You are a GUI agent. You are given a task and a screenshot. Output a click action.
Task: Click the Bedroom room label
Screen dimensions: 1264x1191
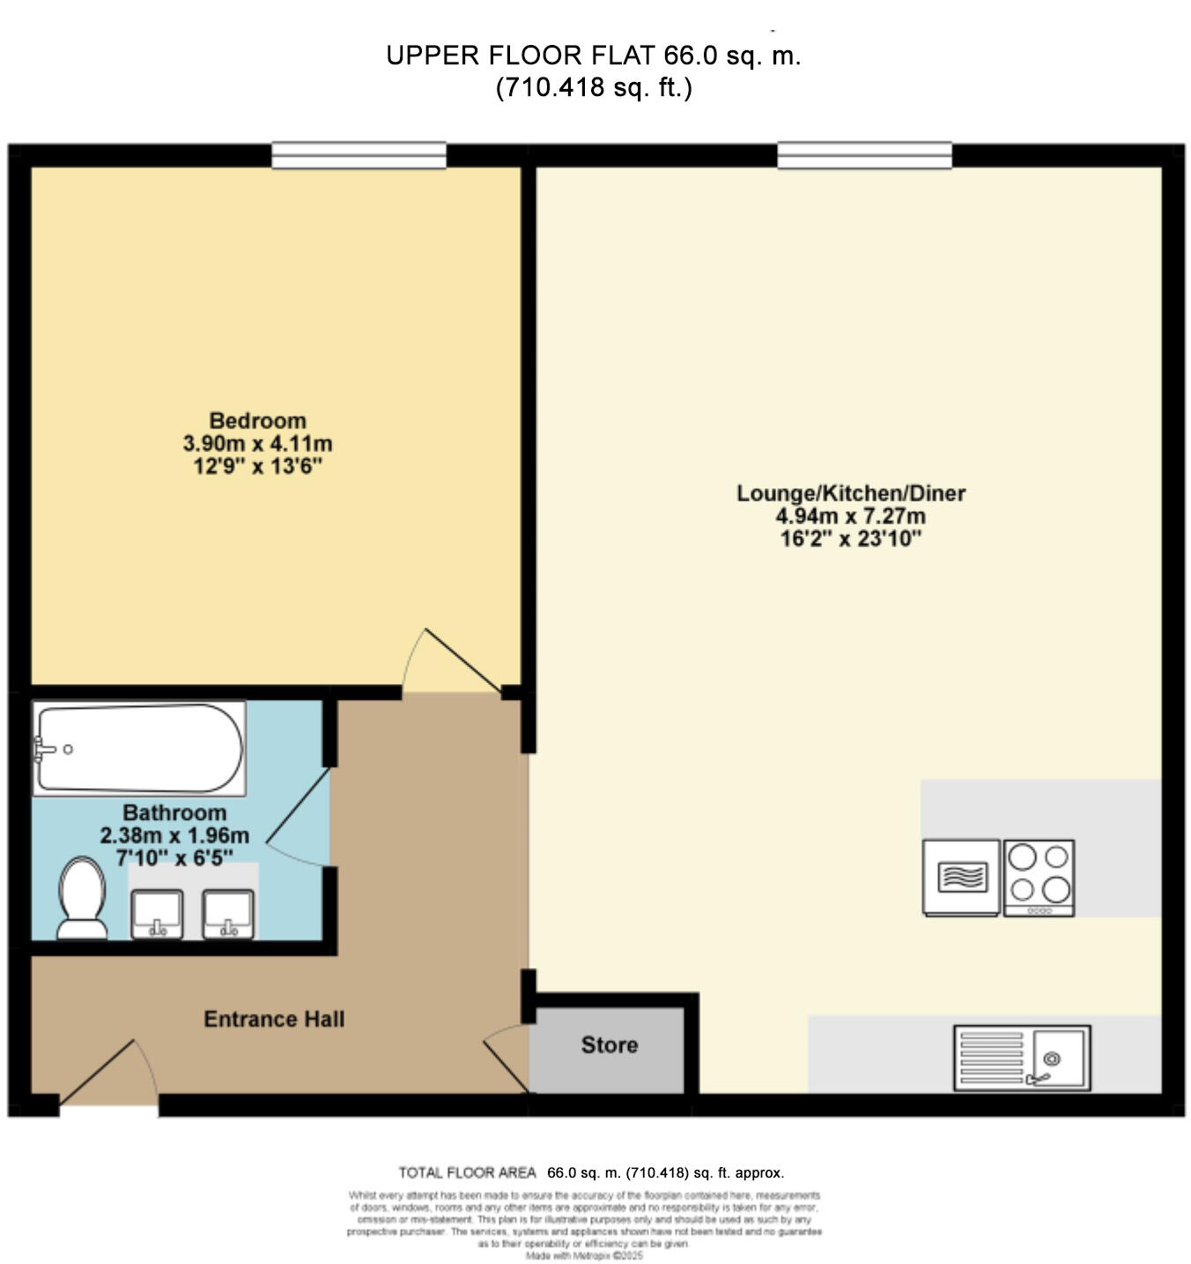257,420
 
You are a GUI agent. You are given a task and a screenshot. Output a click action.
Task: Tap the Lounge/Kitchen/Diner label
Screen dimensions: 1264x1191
850,493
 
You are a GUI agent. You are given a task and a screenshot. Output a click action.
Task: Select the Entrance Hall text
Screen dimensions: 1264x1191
274,1019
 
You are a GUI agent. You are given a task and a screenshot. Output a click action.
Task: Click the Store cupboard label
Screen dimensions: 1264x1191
609,1045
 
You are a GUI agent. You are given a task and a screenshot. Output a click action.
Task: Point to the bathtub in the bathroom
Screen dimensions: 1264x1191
138,748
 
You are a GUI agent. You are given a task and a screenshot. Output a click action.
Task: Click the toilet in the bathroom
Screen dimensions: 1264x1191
81,898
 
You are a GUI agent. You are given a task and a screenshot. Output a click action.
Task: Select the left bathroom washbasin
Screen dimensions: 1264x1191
157,914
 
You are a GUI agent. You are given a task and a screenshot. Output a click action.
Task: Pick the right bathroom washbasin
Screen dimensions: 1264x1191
228,914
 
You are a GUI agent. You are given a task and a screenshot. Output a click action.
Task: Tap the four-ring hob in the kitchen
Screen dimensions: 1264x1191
1039,877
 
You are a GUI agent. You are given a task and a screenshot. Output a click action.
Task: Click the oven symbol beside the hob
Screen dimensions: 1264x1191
961,877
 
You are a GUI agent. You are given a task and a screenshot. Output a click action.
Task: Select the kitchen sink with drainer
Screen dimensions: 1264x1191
1022,1057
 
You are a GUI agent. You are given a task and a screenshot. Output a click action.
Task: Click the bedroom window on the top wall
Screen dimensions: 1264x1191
359,155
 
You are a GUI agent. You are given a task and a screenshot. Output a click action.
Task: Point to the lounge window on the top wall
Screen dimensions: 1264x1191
864,155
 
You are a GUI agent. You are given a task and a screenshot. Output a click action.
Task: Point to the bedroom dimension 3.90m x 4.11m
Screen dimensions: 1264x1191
257,443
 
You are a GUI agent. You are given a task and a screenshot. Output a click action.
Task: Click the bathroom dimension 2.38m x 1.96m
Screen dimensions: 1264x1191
174,835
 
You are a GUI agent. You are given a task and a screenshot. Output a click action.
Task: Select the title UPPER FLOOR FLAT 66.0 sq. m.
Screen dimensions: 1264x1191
593,56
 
